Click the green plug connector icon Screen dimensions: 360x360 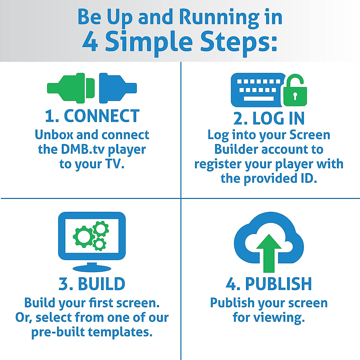tap(71, 88)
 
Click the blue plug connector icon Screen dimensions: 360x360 tap(118, 88)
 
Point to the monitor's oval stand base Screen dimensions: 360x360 tap(92, 268)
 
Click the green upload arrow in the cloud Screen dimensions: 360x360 tap(269, 253)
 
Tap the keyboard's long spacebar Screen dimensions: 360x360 tap(259, 98)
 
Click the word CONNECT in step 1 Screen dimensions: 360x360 tap(102, 116)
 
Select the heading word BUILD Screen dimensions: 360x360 tap(102, 283)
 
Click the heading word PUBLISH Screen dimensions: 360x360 tap(278, 283)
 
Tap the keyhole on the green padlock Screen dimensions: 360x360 tap(295, 96)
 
